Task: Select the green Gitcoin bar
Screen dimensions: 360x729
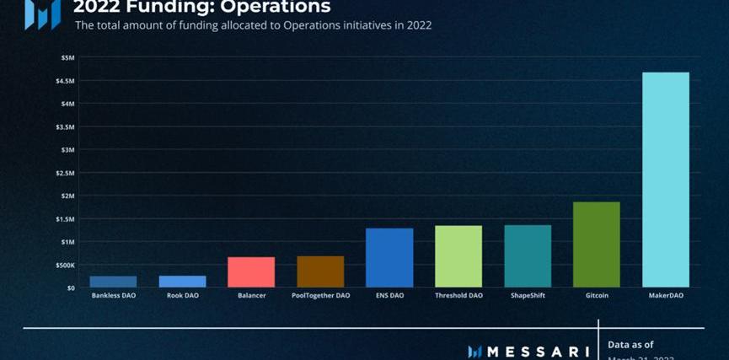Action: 596,244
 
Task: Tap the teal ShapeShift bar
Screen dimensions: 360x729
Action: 527,255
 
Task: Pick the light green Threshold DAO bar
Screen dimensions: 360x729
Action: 458,256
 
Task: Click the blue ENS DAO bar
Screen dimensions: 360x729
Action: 389,257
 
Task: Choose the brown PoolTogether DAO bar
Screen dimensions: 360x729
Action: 320,271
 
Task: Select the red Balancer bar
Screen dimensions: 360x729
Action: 251,271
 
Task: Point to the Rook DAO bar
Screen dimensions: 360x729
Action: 182,282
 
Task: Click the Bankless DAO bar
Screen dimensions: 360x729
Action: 113,282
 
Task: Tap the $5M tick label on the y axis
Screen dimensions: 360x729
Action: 67,57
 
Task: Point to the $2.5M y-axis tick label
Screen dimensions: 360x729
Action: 66,173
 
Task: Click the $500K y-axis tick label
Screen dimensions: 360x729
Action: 65,265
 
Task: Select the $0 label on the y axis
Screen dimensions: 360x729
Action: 70,287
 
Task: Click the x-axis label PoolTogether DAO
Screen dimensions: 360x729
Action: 320,297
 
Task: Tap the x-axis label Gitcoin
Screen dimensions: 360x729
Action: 596,297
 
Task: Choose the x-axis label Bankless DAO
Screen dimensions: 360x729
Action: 113,297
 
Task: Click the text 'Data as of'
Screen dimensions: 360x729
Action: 630,344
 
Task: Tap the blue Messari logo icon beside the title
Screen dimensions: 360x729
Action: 42,12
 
